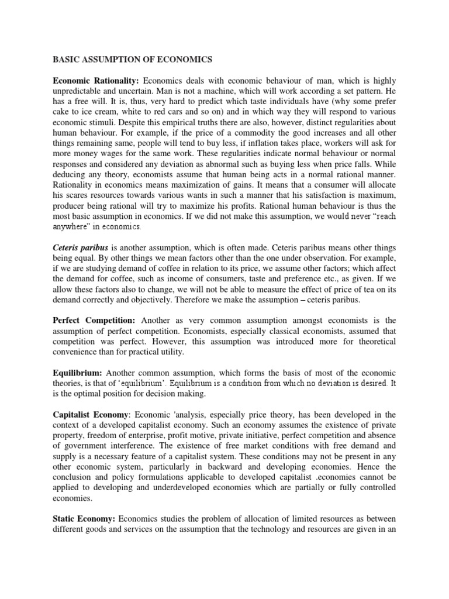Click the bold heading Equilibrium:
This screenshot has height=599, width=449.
point(78,373)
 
